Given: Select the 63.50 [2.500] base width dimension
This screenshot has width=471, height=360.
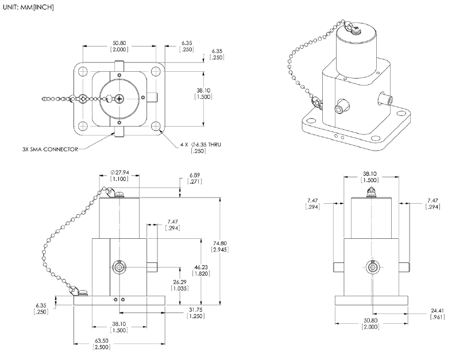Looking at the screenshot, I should pos(101,343).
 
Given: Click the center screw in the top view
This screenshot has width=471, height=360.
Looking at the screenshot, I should pos(119,99).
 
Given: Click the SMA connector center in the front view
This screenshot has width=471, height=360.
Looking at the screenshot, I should pos(119,267).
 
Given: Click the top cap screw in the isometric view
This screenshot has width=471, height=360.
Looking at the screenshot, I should pos(356,28).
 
